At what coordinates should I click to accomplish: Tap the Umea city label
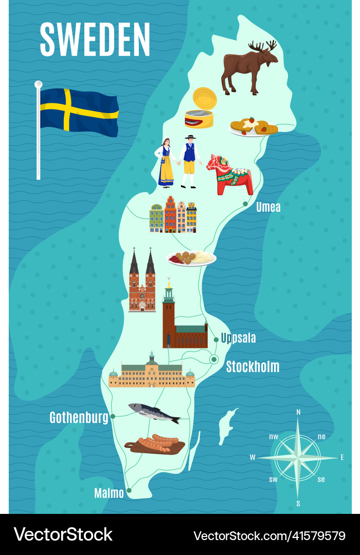[x=268, y=207]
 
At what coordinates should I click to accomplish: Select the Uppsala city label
[x=238, y=338]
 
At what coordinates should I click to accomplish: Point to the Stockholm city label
[x=253, y=367]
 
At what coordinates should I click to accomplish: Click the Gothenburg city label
[x=79, y=418]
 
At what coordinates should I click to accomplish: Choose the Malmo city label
[x=109, y=493]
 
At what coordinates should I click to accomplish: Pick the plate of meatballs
[x=191, y=257]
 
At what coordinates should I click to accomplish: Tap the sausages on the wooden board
[x=156, y=444]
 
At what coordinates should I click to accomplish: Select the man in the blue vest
[x=190, y=161]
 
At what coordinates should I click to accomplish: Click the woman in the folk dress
[x=166, y=162]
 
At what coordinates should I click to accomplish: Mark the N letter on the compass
[x=298, y=412]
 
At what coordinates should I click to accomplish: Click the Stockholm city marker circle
[x=214, y=359]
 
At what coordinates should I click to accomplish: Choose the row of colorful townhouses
[x=173, y=215]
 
